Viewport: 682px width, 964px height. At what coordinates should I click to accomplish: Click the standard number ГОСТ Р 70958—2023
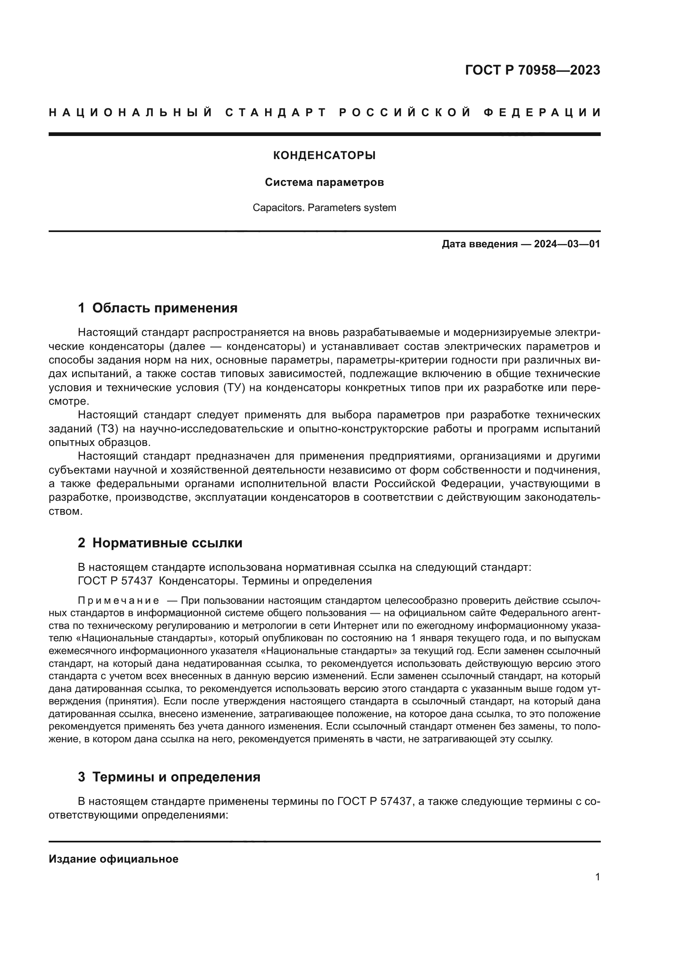532,70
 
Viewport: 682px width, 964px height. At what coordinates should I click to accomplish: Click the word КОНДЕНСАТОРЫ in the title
324,156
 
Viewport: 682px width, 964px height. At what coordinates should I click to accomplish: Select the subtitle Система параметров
324,183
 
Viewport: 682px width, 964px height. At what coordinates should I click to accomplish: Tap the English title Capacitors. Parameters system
324,208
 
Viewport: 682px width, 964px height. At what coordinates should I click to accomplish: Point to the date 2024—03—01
567,244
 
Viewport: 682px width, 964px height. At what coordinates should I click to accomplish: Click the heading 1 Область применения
158,308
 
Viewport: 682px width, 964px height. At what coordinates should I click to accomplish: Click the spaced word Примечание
118,601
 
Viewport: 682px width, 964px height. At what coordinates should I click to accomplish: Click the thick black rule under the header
324,134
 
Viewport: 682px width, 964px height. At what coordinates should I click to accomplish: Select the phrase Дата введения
479,244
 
